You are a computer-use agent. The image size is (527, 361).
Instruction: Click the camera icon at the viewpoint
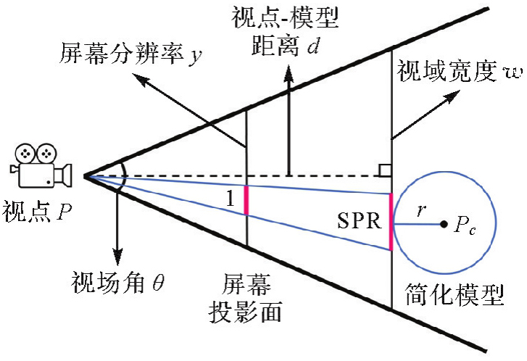(40, 167)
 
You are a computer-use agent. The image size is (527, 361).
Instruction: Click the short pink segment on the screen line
(246, 199)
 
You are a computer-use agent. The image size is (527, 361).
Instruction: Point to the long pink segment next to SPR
(391, 221)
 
